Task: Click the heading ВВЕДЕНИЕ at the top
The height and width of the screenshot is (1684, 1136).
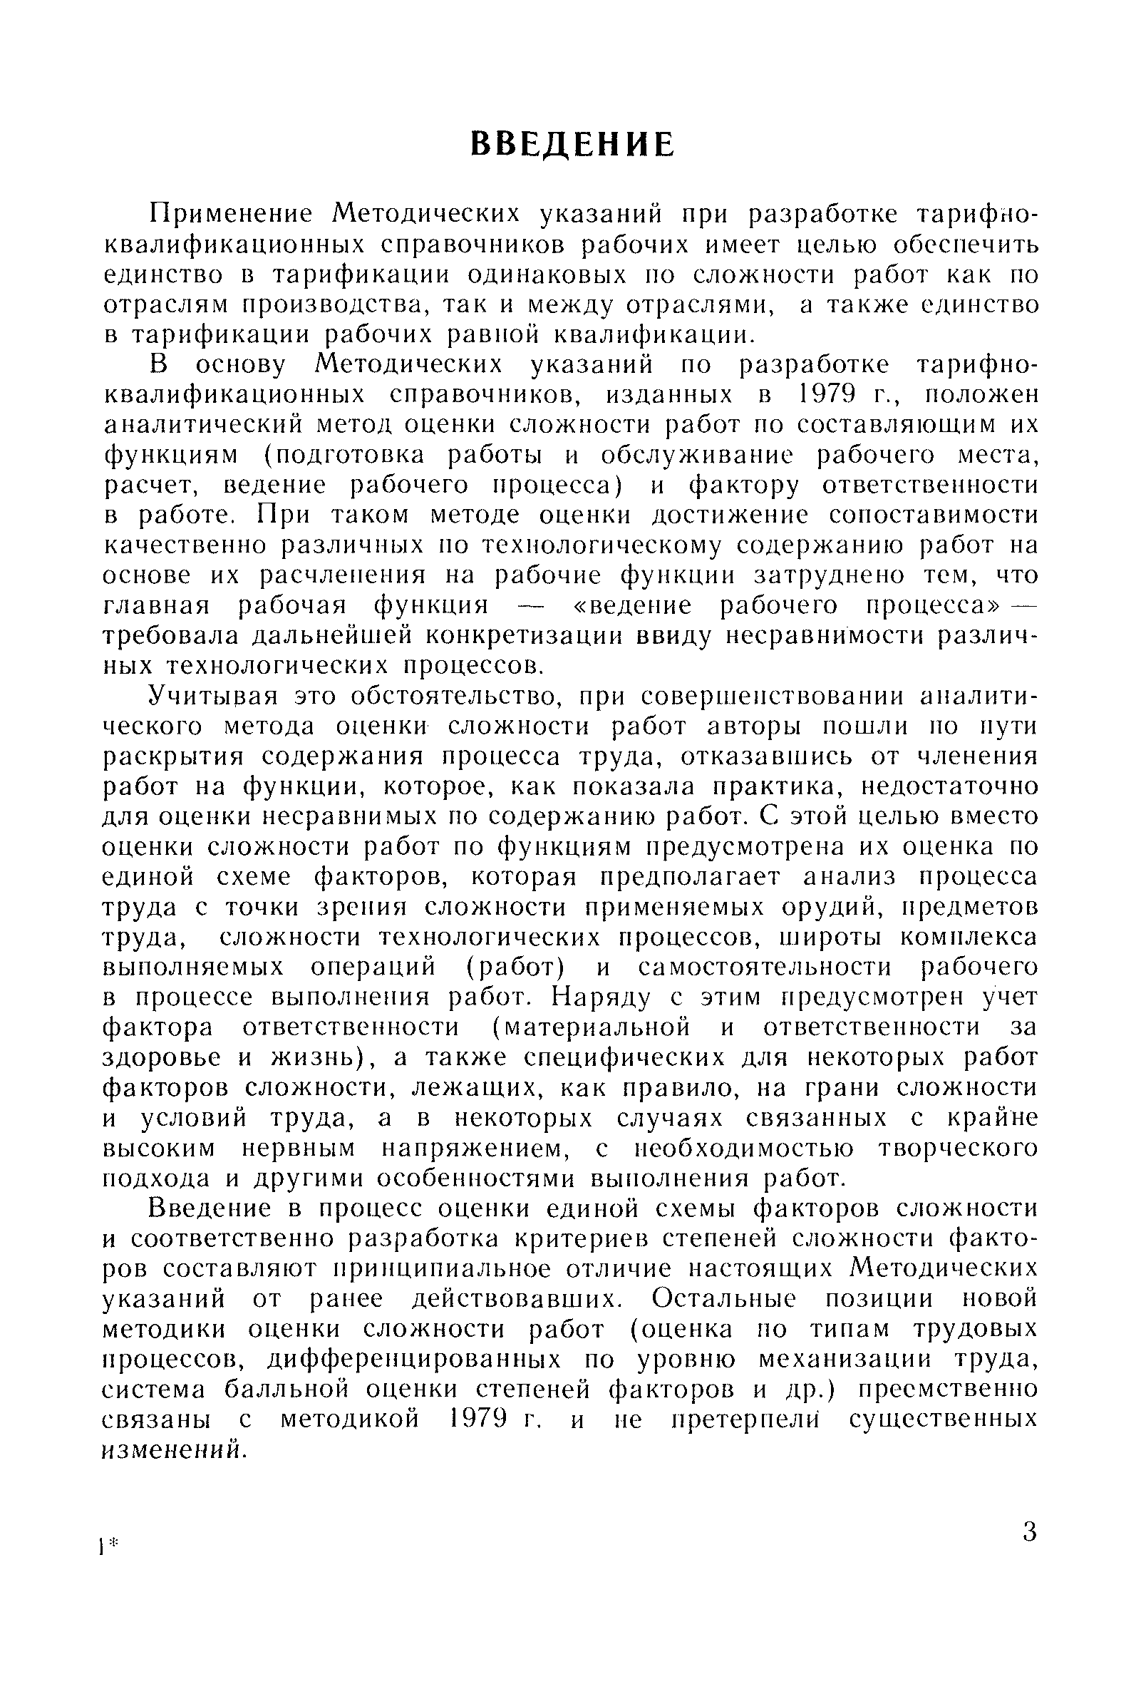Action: pos(572,144)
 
